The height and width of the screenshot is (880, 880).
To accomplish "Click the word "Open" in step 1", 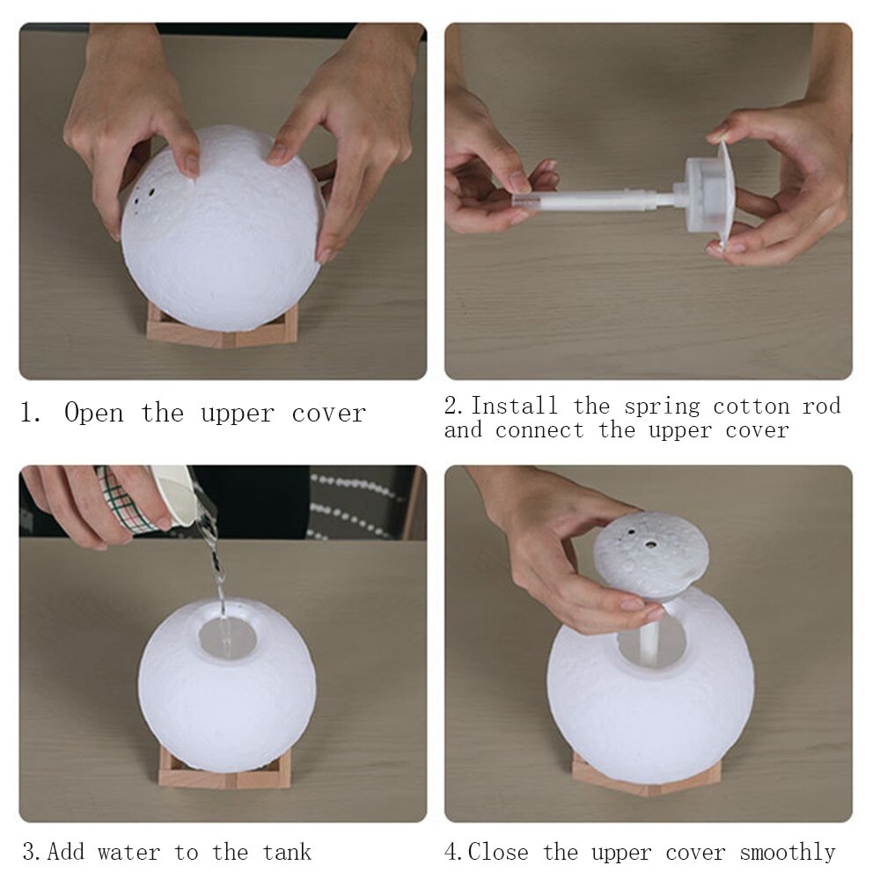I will [x=93, y=414].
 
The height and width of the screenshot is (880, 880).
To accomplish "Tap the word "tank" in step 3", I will [x=286, y=852].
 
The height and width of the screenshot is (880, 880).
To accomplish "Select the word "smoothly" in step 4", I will [x=787, y=852].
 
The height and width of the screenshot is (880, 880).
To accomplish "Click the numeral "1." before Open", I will [x=31, y=414].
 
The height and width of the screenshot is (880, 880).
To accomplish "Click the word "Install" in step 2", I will [x=514, y=406].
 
